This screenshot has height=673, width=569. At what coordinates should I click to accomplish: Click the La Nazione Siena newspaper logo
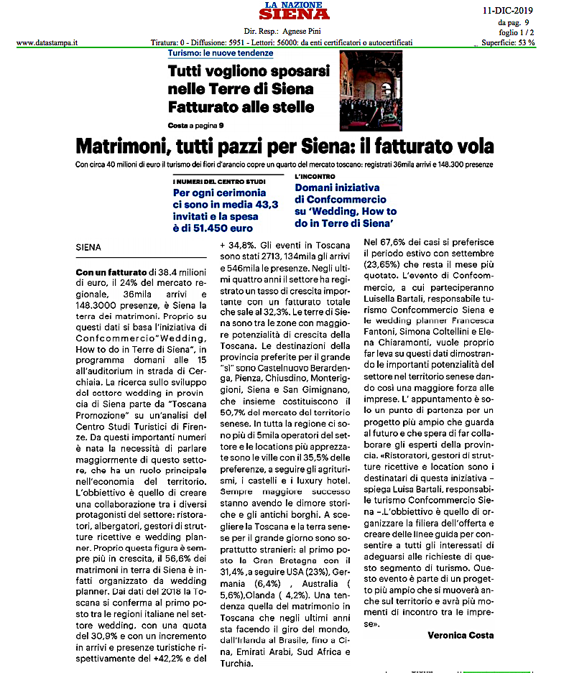point(294,11)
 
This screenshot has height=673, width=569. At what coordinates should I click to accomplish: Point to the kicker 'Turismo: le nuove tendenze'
point(221,53)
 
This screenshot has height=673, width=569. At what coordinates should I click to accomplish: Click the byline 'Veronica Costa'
point(461,635)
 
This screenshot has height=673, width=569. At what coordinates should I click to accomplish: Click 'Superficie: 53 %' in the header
point(508,42)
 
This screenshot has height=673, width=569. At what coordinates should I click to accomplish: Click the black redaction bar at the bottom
point(459,664)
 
